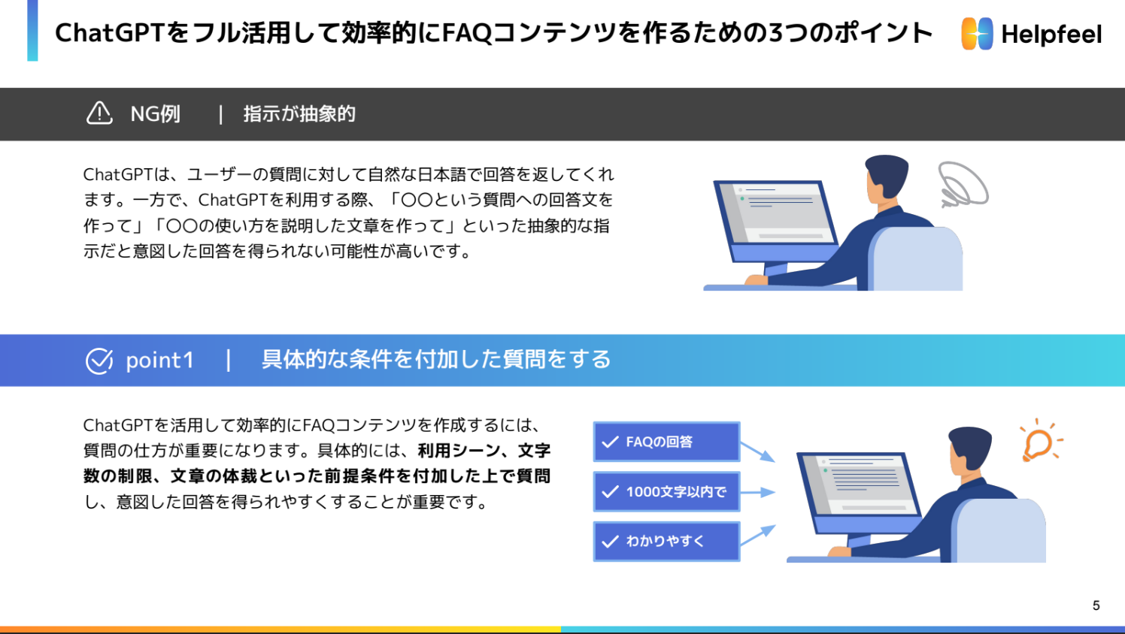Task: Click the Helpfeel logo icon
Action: (x=977, y=34)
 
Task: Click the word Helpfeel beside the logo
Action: (x=1051, y=35)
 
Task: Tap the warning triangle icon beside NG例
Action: (x=99, y=113)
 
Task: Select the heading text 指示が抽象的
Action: (x=299, y=114)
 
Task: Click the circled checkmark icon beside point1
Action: (x=99, y=361)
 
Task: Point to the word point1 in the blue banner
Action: (x=159, y=361)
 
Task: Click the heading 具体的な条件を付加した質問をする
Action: (x=436, y=360)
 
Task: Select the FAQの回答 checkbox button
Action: (x=666, y=442)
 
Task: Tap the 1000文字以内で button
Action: (x=666, y=492)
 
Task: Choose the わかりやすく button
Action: (x=666, y=542)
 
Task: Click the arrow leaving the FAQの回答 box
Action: (x=757, y=451)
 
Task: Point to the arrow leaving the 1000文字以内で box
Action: (x=757, y=492)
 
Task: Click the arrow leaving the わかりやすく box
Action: (x=757, y=535)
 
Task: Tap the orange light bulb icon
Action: (x=1039, y=442)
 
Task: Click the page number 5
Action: (x=1096, y=605)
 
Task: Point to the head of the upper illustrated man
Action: (x=886, y=177)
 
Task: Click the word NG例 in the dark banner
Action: (x=156, y=114)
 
